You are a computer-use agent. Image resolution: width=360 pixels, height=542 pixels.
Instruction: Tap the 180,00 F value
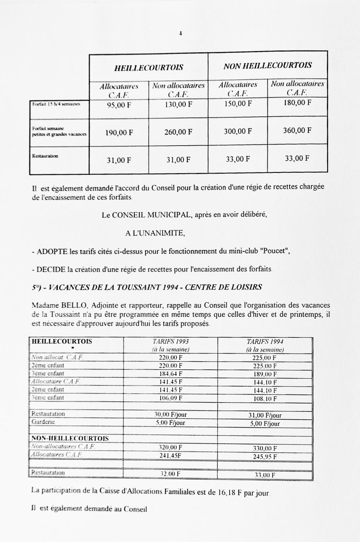[x=297, y=103]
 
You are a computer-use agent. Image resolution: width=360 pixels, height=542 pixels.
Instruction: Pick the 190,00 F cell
[x=119, y=133]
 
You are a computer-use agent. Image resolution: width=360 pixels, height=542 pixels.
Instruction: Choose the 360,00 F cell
[x=297, y=130]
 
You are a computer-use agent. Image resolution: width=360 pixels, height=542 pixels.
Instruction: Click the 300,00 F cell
[x=238, y=131]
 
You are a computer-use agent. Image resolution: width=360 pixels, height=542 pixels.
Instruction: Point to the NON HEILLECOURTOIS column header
[x=268, y=66]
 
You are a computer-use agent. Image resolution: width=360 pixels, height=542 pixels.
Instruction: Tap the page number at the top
[x=180, y=34]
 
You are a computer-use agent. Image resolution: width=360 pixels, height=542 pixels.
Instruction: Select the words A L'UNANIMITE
[x=155, y=233]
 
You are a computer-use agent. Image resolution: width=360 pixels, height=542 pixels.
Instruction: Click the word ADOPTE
[x=52, y=252]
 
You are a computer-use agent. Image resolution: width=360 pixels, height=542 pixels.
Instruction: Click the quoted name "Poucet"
[x=275, y=251]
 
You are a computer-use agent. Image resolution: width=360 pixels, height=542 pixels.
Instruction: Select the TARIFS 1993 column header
[x=170, y=341]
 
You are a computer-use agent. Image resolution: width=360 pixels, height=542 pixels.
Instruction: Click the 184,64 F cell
[x=170, y=374]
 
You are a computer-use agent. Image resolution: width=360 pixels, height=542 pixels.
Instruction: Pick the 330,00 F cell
[x=265, y=448]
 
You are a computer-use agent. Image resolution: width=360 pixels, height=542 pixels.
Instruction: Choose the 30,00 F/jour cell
[x=170, y=414]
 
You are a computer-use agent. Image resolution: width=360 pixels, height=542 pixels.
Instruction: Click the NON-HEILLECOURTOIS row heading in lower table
[x=70, y=439]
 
